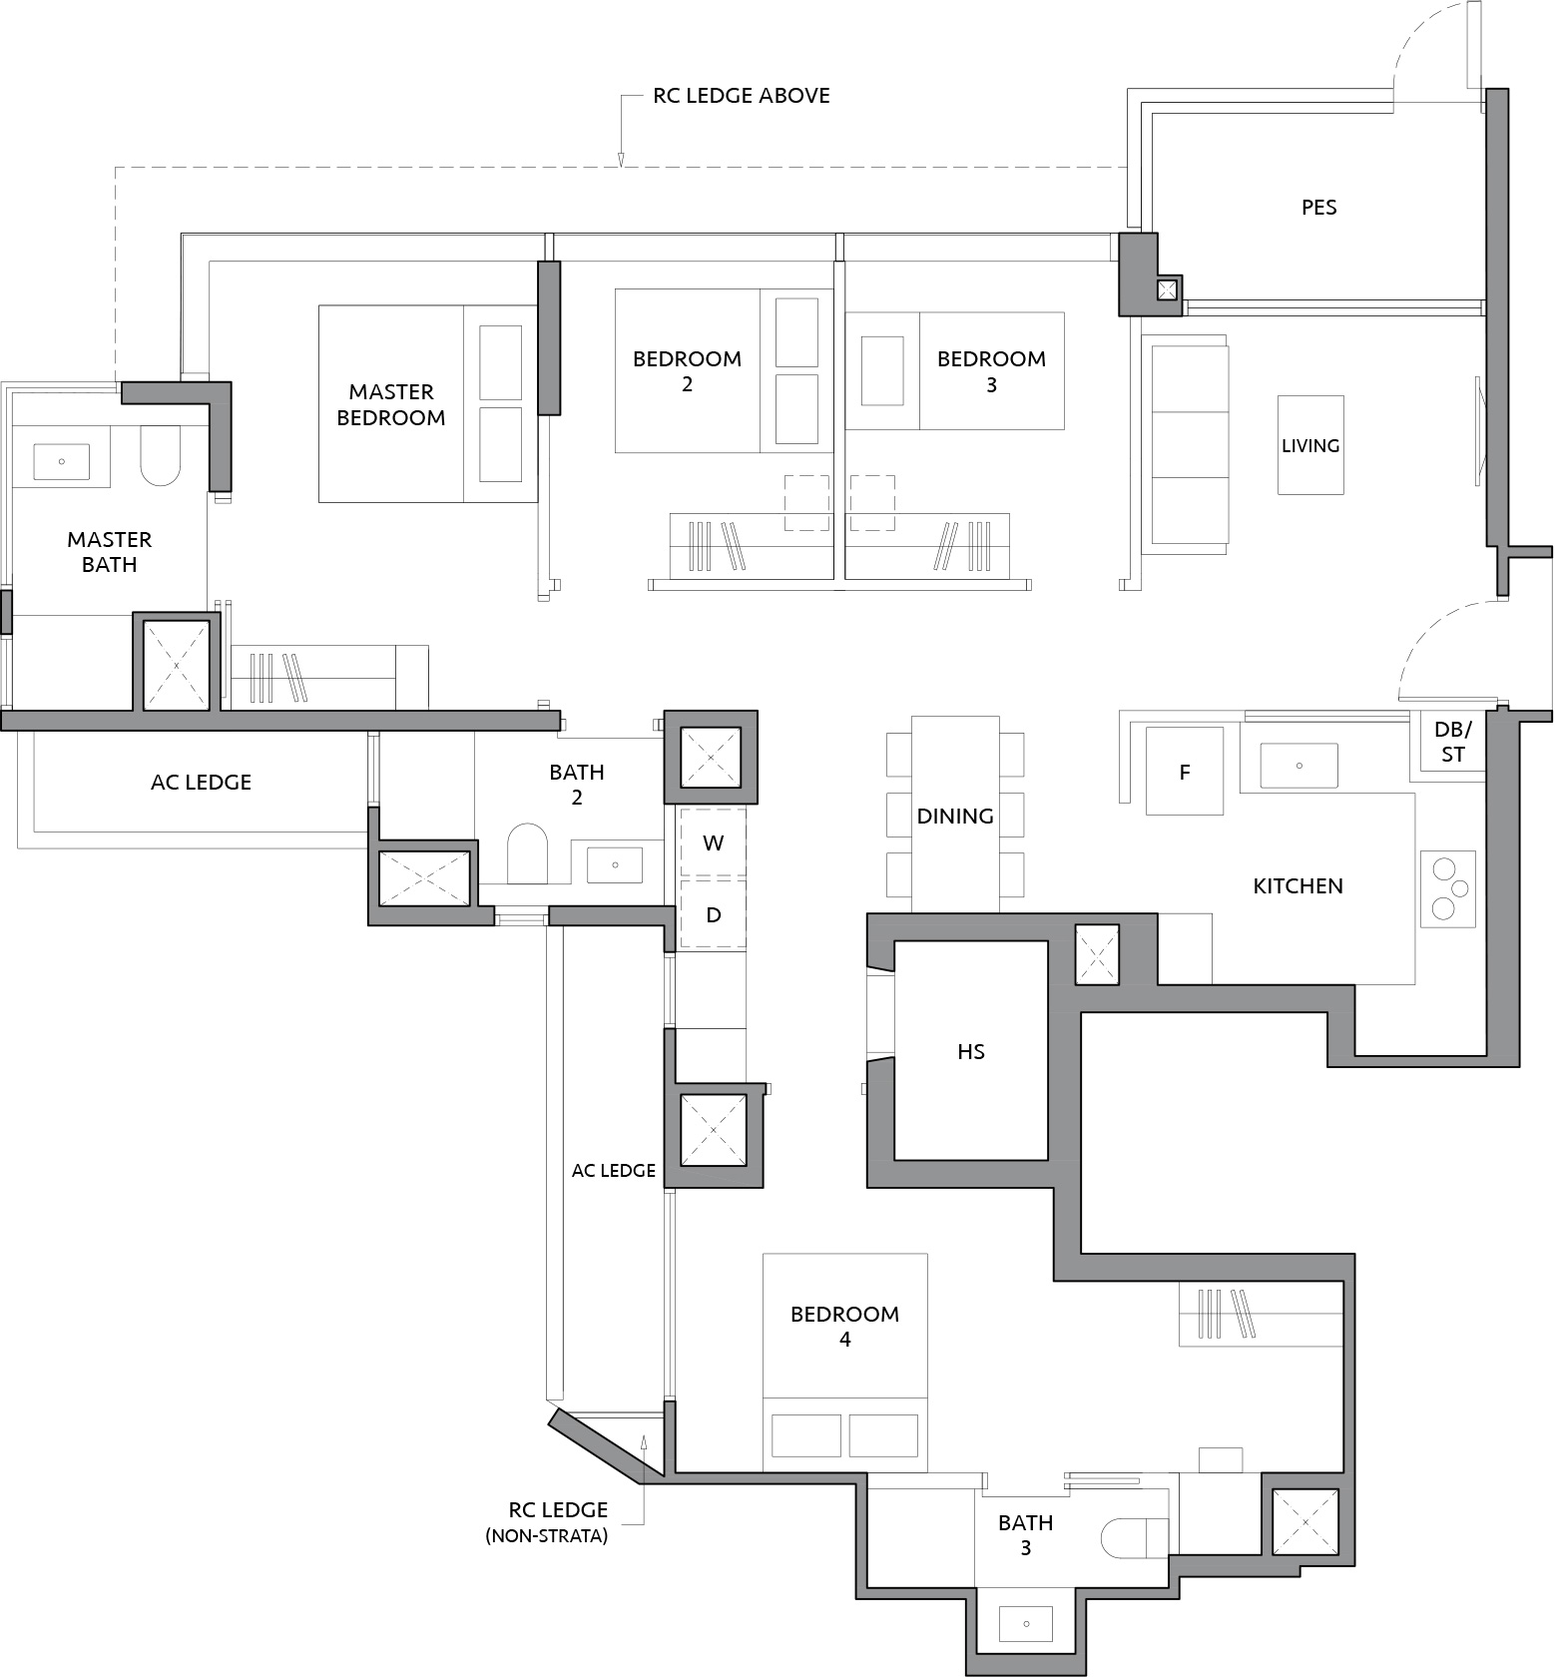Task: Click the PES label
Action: pos(1318,208)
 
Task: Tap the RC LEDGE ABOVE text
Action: pos(742,96)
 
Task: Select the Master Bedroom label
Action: pos(391,404)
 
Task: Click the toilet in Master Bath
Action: pos(161,456)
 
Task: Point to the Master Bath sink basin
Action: pos(62,462)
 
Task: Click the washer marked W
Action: pos(713,842)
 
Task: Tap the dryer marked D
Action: pos(713,914)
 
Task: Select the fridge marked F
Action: pos(1185,771)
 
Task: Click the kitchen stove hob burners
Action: pos(1447,888)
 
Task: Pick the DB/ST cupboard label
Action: pos(1452,743)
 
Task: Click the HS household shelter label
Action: pos(971,1051)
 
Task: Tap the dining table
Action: pos(955,814)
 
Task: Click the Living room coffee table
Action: pos(1310,445)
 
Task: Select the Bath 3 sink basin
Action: pos(1026,1624)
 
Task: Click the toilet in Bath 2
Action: pos(527,852)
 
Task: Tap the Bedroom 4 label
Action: pos(844,1327)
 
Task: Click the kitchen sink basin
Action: pos(1298,766)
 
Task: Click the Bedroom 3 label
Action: pos(991,371)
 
